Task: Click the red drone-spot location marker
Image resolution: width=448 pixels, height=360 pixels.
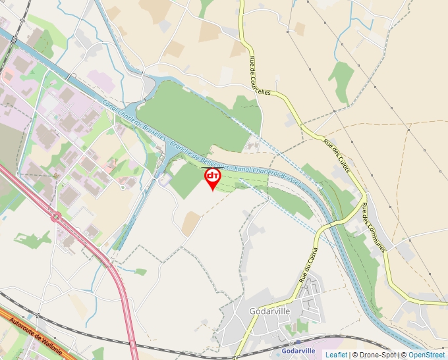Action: click(x=213, y=178)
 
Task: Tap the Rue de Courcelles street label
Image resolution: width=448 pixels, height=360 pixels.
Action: click(x=260, y=76)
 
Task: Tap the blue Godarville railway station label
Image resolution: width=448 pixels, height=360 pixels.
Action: click(x=298, y=351)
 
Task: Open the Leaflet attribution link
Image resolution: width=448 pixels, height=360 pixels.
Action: click(x=336, y=355)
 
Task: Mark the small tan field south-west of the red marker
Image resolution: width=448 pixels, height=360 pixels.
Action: click(x=190, y=224)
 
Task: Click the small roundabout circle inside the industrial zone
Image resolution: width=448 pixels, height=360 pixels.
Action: click(x=123, y=188)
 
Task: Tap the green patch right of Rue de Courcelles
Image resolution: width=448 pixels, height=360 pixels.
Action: click(x=341, y=80)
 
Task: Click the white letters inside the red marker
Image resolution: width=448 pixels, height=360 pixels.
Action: click(x=213, y=176)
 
